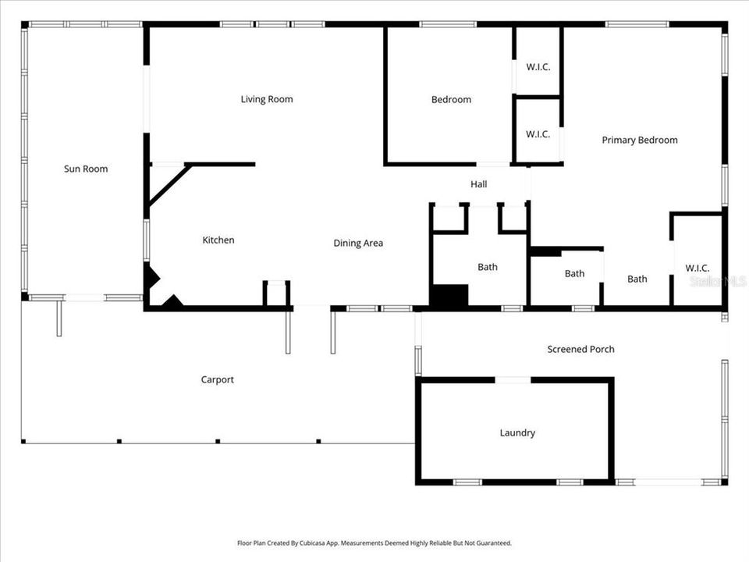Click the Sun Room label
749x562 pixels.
86,169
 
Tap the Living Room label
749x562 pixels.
267,99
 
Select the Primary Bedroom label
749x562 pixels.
640,140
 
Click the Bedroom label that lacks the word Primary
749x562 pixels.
451,99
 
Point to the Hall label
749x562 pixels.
478,184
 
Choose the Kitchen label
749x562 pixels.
218,240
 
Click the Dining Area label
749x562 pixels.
358,243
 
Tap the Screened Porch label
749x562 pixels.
580,349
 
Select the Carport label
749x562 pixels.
218,379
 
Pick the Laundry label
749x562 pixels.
517,432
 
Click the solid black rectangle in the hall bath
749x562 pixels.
449,297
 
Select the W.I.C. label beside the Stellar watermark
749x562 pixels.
698,268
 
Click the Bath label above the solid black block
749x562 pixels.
488,267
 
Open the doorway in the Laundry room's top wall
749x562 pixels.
513,380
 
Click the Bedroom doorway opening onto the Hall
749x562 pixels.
493,164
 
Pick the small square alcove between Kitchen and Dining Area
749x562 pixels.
276,294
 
